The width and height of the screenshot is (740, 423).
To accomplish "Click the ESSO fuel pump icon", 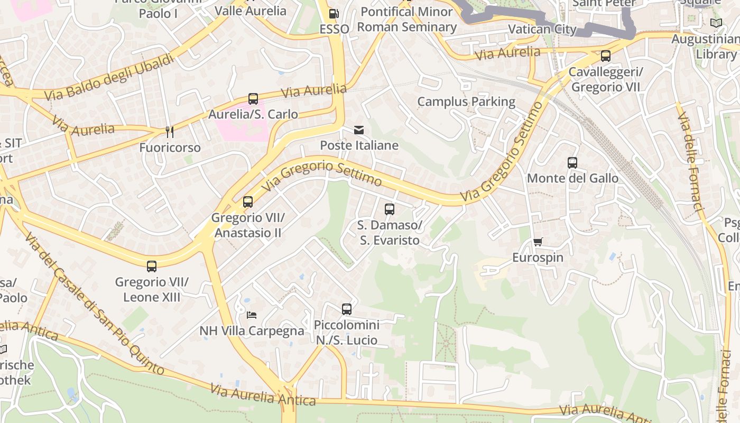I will pyautogui.click(x=334, y=14).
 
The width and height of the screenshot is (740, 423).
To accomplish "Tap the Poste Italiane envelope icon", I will pyautogui.click(x=359, y=130).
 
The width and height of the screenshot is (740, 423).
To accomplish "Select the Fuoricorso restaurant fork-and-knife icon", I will pyautogui.click(x=170, y=132).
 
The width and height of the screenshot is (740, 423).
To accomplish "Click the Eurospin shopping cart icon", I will pyautogui.click(x=538, y=242).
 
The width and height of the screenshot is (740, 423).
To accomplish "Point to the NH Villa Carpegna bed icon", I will pyautogui.click(x=252, y=315).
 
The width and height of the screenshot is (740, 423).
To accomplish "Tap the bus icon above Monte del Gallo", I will pyautogui.click(x=572, y=163).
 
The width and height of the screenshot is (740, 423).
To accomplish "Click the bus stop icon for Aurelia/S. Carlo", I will pyautogui.click(x=253, y=99).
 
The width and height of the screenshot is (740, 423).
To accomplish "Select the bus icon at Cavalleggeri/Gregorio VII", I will pyautogui.click(x=606, y=56).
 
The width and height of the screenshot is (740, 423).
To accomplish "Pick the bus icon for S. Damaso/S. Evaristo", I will pyautogui.click(x=390, y=209).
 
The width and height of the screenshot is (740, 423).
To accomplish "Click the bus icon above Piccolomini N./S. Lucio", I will pyautogui.click(x=347, y=309).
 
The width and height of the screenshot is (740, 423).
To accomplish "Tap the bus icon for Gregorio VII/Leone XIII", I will pyautogui.click(x=152, y=266).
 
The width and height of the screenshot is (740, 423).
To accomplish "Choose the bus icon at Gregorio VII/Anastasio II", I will pyautogui.click(x=248, y=202).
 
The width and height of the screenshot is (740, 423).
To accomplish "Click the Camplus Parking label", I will pyautogui.click(x=466, y=102).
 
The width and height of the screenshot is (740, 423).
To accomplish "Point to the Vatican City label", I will pyautogui.click(x=542, y=29).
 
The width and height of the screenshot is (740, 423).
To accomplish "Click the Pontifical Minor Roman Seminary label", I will pyautogui.click(x=406, y=19).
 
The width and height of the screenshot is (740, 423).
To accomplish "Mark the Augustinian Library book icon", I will pyautogui.click(x=716, y=23).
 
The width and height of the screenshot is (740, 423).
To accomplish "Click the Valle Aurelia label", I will pyautogui.click(x=251, y=11).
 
